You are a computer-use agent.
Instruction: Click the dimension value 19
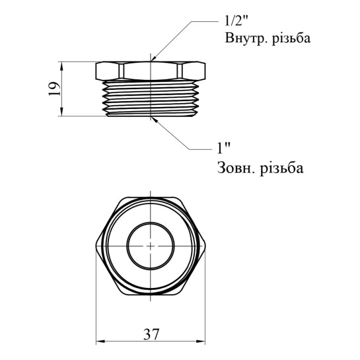(55, 89)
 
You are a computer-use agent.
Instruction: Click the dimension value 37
(151, 334)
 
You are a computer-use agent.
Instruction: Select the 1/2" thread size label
(236, 21)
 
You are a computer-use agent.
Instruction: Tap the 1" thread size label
(224, 148)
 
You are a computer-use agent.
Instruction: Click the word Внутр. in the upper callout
(246, 38)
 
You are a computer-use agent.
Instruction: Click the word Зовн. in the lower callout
(236, 168)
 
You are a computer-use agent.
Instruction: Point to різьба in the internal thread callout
(291, 38)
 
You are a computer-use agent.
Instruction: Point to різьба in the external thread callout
(281, 168)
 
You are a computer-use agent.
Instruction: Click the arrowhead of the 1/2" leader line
(153, 59)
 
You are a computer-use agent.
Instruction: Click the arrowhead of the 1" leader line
(154, 119)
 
